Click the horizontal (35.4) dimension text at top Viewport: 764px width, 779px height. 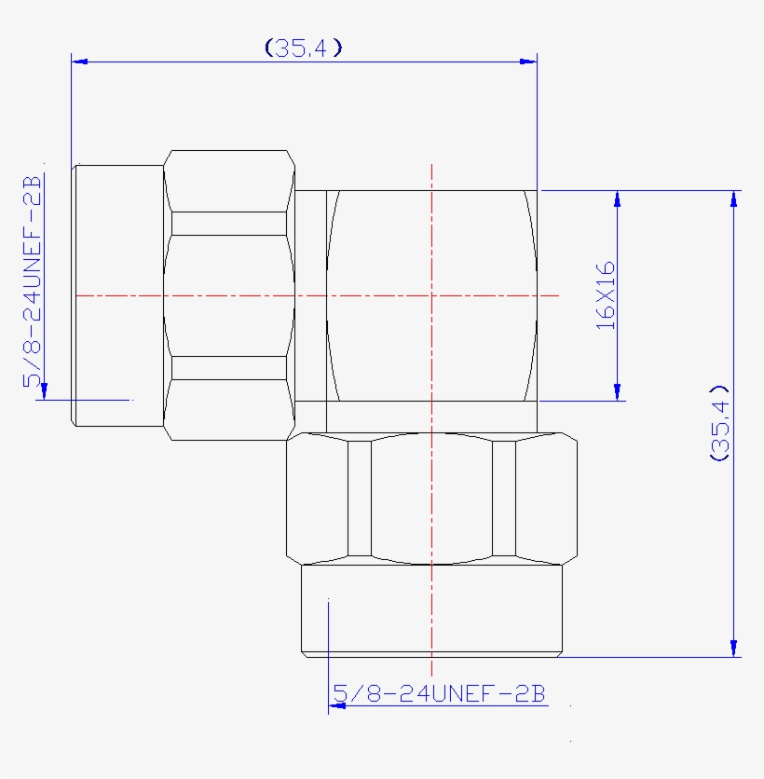[304, 48]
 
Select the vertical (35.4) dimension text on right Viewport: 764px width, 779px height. [719, 422]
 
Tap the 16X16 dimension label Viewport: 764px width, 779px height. [606, 294]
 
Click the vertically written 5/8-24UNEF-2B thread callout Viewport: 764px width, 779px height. [33, 280]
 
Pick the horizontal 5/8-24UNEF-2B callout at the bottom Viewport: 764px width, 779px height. [439, 694]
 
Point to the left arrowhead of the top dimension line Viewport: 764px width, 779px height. [79, 61]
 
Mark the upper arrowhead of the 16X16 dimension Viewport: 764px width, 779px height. [617, 198]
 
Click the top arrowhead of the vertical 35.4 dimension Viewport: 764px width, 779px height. [735, 198]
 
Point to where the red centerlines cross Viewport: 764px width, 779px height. [432, 295]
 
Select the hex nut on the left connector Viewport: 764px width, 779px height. [228, 295]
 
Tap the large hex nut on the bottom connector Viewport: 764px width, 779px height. [431, 499]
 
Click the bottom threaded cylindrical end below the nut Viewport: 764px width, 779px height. [431, 610]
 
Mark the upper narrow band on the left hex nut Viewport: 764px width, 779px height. [228, 223]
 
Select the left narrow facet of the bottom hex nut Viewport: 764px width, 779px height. [359, 499]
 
